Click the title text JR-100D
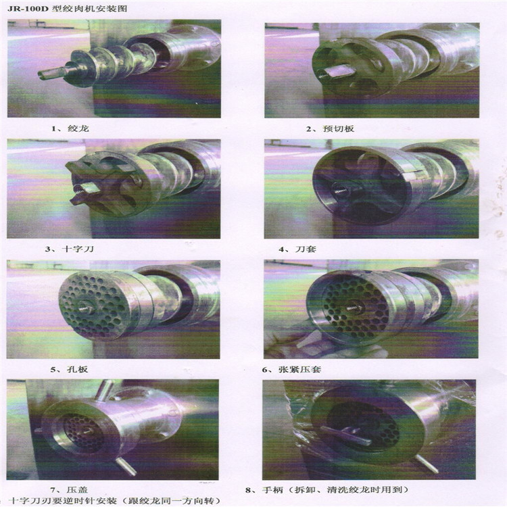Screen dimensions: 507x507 click(28, 8)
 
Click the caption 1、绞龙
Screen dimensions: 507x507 click(70, 128)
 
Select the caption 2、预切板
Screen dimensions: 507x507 click(330, 128)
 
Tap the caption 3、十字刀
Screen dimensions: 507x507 click(70, 249)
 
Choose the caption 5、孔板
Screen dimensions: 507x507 click(69, 369)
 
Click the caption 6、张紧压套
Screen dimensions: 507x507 click(291, 369)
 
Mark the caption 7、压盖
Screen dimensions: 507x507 click(68, 490)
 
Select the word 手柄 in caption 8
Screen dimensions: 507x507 click(273, 490)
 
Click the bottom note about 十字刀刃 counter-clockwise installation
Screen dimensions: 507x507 click(115, 501)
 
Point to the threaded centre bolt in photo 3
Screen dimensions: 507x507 click(84, 189)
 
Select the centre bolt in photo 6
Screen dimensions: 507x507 click(354, 308)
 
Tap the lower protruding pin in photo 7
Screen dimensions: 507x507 click(126, 467)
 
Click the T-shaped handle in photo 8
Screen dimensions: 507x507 click(345, 435)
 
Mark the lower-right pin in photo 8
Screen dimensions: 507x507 click(427, 463)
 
